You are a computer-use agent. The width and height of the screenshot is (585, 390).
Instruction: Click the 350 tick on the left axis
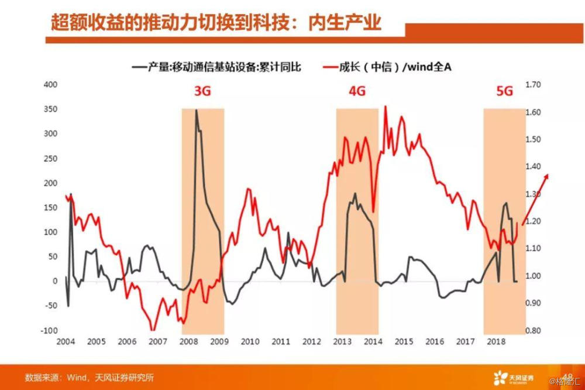pos(50,110)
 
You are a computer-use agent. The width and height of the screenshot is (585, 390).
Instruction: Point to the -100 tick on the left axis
pos(49,331)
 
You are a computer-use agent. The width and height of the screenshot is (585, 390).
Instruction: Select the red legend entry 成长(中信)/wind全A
pos(387,67)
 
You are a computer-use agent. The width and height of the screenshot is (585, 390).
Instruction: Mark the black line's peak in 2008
pos(196,110)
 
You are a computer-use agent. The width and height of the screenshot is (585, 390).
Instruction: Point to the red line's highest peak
pos(385,107)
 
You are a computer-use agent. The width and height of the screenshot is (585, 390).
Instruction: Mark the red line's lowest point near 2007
pos(153,330)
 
